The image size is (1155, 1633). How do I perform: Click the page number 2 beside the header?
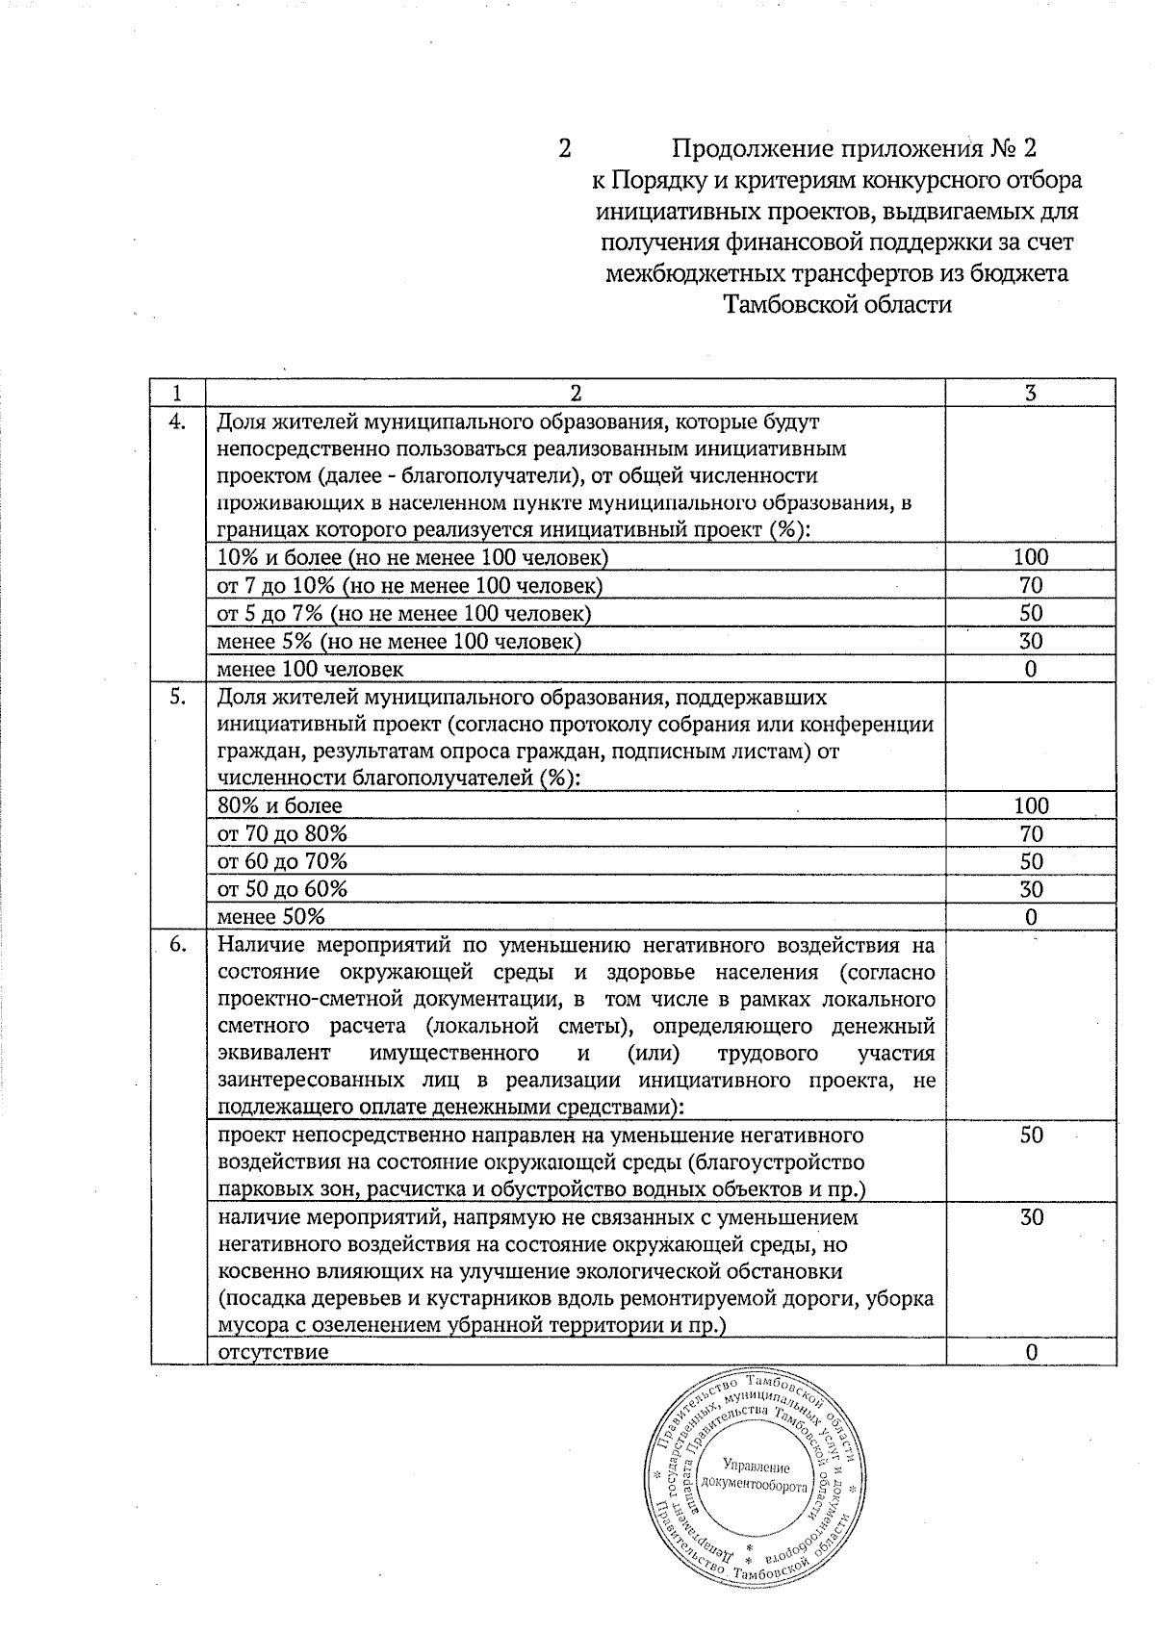click(x=565, y=149)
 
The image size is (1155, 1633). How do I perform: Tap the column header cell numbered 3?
click(x=1031, y=393)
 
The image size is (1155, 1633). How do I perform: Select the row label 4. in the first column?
click(x=177, y=421)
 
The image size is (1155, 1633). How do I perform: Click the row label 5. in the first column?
click(x=177, y=698)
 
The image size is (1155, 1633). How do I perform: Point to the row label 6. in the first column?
click(x=177, y=945)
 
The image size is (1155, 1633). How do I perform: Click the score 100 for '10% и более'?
click(x=1031, y=557)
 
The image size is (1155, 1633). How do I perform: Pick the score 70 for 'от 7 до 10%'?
click(x=1031, y=585)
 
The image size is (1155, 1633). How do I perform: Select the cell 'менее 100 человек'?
click(x=310, y=669)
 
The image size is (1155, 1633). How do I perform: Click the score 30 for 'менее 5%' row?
click(x=1031, y=641)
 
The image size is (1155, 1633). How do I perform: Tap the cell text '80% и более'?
click(x=280, y=806)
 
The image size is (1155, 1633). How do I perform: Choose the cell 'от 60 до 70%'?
click(x=283, y=861)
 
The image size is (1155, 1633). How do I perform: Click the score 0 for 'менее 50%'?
click(x=1031, y=917)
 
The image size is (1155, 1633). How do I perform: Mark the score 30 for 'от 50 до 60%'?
click(x=1031, y=889)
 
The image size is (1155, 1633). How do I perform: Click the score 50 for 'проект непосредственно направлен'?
click(x=1031, y=1135)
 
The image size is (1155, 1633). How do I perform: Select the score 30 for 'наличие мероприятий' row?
click(x=1031, y=1218)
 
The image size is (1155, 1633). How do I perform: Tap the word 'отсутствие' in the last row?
click(x=273, y=1352)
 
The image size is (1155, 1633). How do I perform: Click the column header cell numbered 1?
click(x=177, y=393)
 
